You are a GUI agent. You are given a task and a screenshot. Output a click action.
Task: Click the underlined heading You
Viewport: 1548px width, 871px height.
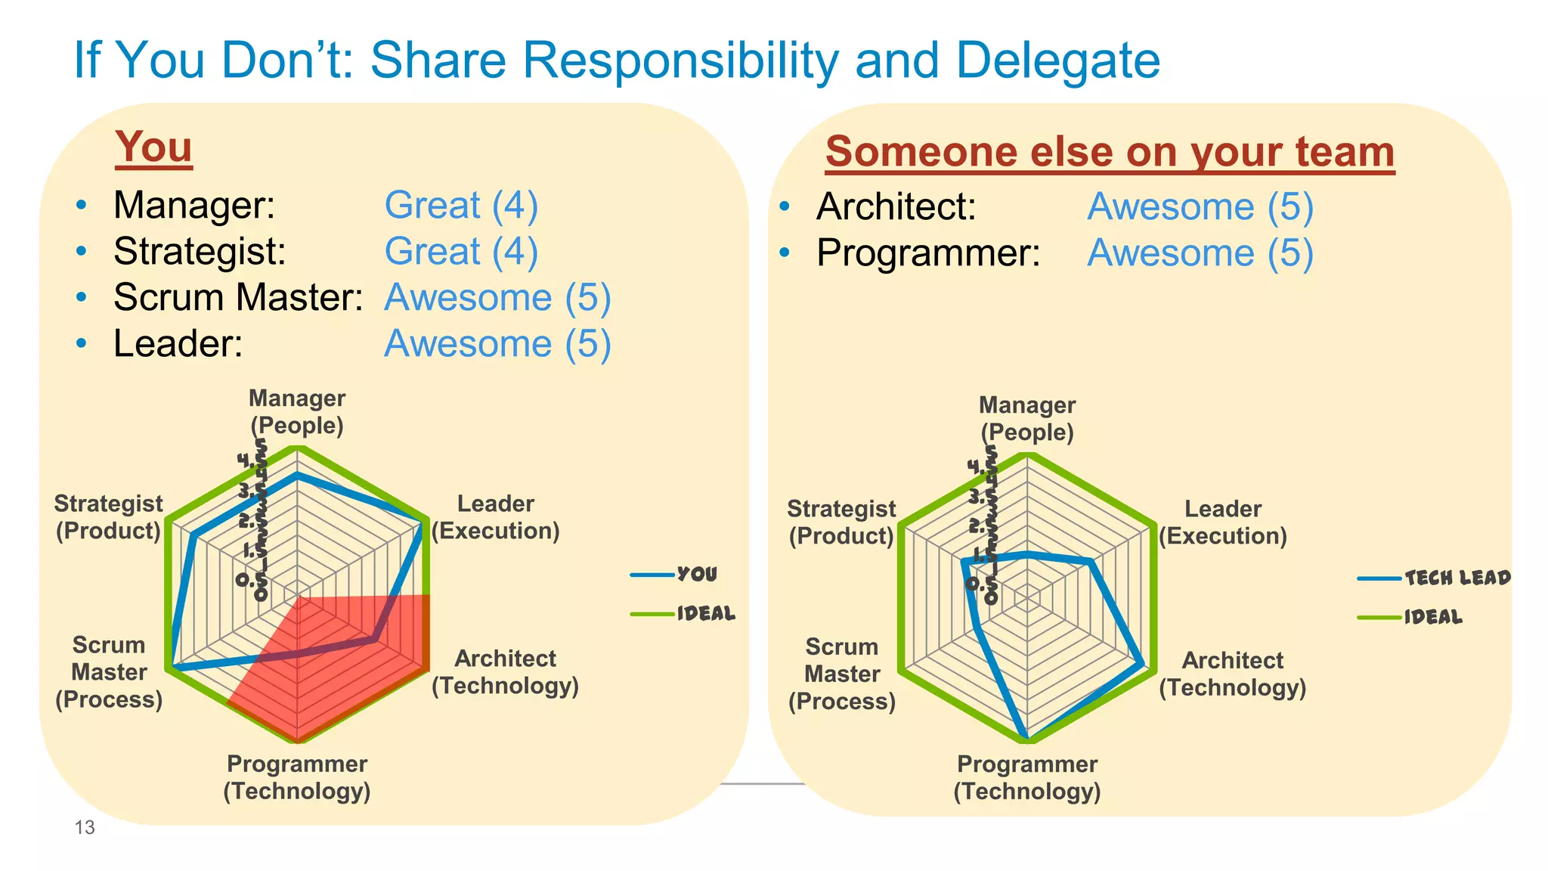[153, 147]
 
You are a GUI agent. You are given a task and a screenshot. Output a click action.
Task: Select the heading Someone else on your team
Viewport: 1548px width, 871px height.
[1110, 152]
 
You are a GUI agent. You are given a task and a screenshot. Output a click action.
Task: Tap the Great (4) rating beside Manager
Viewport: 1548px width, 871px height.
[461, 206]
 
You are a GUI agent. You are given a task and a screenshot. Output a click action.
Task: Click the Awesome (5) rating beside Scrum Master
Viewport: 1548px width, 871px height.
[497, 298]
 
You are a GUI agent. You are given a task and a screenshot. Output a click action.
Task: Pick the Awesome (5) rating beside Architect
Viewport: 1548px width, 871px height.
[1200, 207]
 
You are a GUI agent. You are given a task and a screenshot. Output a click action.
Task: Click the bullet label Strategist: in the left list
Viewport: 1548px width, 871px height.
[200, 252]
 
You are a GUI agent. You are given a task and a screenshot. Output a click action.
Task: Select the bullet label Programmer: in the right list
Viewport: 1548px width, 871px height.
[928, 253]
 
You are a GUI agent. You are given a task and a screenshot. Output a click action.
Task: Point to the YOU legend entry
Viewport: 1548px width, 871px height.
[696, 575]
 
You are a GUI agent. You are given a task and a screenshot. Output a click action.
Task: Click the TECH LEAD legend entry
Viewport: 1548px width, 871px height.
[1457, 578]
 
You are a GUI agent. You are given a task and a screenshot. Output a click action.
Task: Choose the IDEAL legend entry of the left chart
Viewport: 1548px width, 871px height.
[705, 613]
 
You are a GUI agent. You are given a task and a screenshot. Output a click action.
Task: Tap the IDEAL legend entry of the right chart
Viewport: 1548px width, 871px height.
[1433, 618]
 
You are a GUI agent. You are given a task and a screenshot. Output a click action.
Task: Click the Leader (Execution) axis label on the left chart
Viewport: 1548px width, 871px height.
[496, 517]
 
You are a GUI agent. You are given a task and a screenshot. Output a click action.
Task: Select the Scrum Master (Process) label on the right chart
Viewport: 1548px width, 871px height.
[842, 674]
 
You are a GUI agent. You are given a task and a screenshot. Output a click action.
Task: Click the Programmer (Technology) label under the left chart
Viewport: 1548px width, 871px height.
[297, 777]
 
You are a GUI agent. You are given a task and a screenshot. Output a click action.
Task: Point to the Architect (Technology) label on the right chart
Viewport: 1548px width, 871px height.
[1232, 674]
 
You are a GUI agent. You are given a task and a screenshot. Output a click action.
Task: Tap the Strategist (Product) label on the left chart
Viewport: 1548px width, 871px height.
[108, 517]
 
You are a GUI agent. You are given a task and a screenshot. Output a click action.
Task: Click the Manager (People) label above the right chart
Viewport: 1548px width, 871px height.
[1026, 418]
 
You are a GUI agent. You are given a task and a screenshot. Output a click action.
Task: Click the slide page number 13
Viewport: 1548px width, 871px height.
[85, 827]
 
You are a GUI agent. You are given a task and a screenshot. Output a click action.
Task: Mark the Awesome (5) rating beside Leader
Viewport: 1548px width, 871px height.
[497, 344]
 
